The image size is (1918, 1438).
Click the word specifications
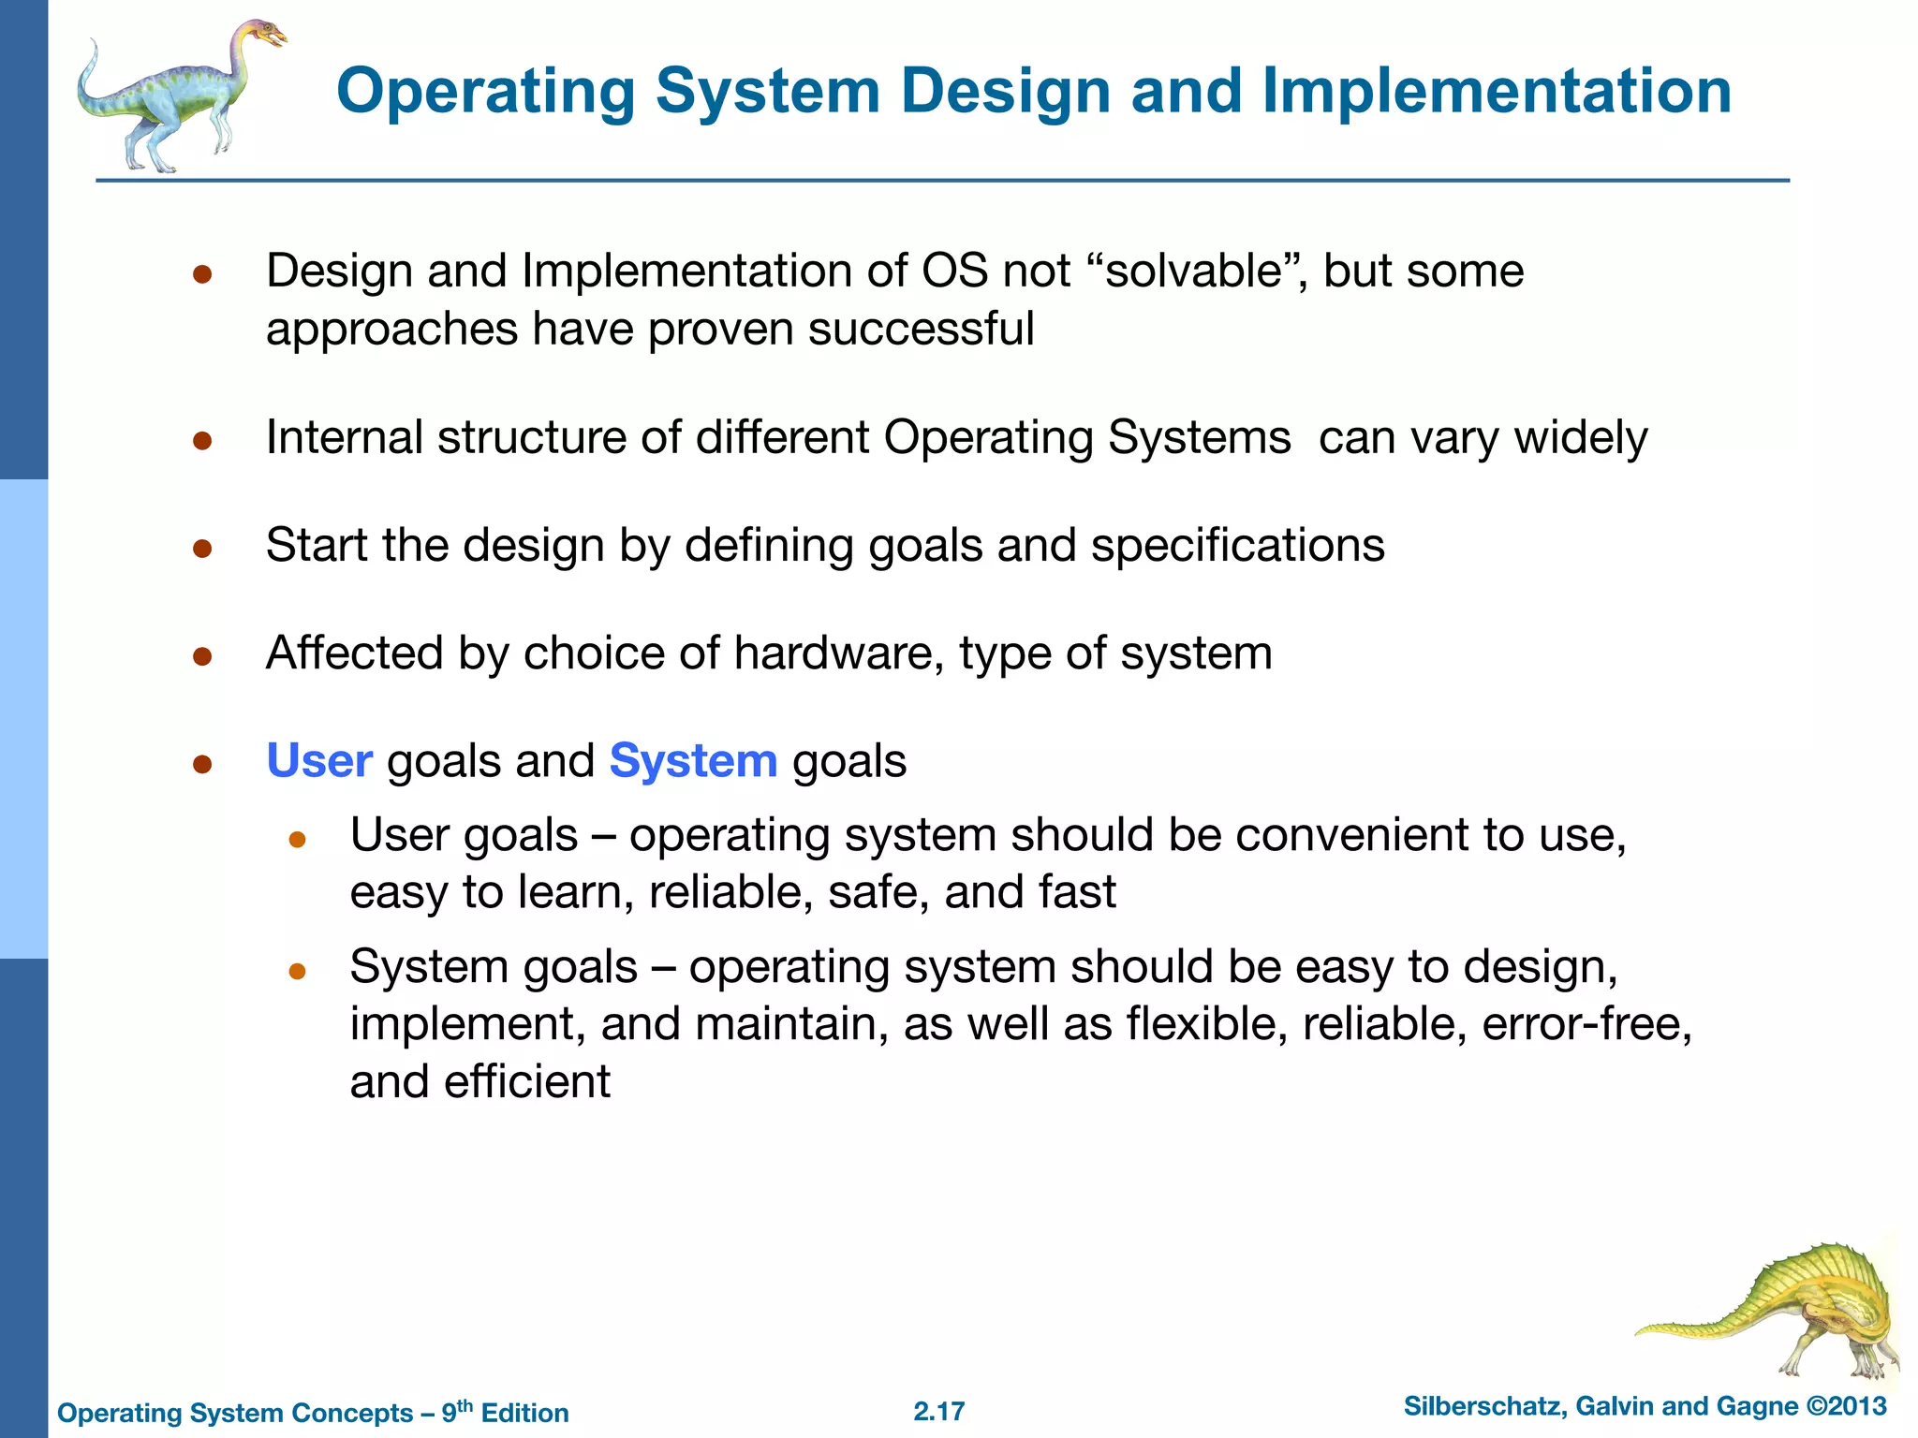[1237, 545]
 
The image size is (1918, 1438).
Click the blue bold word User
[319, 760]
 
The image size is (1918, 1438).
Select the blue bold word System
[693, 760]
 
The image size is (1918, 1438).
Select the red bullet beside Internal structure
[202, 440]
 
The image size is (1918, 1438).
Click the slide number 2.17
[938, 1411]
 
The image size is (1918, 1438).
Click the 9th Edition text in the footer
[505, 1412]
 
